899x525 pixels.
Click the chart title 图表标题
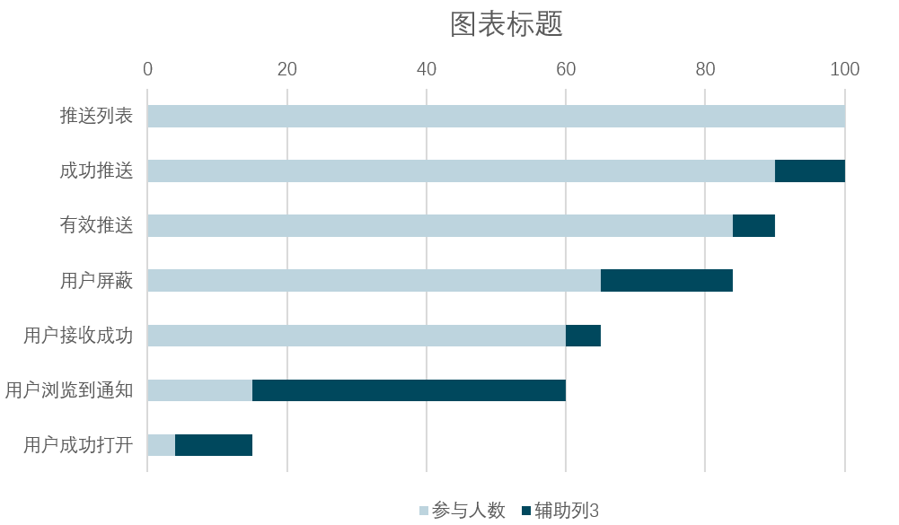click(507, 24)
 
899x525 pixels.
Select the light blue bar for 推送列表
click(496, 116)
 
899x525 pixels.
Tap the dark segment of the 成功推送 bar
click(809, 171)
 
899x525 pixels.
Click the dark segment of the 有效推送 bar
click(754, 225)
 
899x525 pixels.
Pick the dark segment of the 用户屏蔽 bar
click(666, 280)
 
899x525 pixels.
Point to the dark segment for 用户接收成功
click(583, 336)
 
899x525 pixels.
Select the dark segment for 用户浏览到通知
click(409, 390)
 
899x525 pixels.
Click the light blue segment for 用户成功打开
click(161, 445)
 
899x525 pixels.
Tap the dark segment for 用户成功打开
click(213, 445)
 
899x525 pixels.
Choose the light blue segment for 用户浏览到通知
click(199, 390)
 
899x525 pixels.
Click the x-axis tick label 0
click(147, 69)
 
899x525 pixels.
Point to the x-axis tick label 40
click(426, 69)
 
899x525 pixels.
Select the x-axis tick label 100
click(844, 69)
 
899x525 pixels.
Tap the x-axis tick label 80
click(705, 69)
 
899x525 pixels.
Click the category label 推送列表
click(96, 116)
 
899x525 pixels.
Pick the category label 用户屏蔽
click(96, 280)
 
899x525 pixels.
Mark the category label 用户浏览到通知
click(69, 390)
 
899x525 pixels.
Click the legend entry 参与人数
click(463, 510)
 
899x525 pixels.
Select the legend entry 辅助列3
click(560, 510)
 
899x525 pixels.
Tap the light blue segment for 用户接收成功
click(357, 336)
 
